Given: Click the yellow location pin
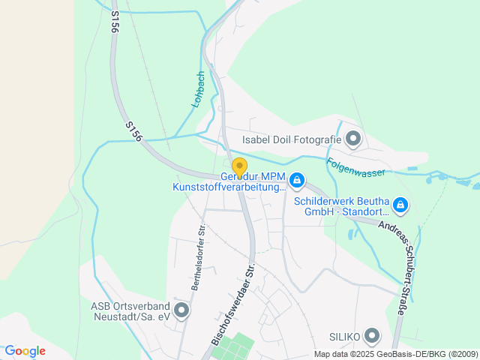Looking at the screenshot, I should (239, 167).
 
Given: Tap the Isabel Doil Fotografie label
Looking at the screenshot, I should (292, 139).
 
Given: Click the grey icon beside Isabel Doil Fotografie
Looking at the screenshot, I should (354, 139).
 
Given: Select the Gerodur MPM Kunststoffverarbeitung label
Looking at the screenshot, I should (229, 181).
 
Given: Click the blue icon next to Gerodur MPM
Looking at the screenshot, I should (297, 180).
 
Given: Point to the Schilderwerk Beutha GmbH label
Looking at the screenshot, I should (340, 207).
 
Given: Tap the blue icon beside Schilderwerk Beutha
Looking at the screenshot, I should (400, 204).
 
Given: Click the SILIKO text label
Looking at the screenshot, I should (345, 335).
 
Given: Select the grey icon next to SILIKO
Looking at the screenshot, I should (373, 335).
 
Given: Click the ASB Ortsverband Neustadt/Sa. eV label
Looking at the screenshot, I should (130, 311).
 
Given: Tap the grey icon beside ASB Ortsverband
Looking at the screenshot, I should (181, 310).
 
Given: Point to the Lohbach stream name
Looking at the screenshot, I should (199, 89).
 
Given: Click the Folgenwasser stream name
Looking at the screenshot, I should (355, 166).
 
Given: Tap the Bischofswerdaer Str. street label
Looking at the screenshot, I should (233, 303).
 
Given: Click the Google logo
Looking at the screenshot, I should (25, 351).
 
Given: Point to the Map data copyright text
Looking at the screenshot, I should (395, 354).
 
